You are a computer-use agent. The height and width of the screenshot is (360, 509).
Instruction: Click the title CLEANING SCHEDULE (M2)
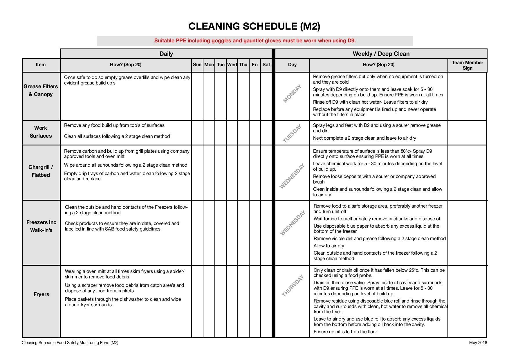(254, 26)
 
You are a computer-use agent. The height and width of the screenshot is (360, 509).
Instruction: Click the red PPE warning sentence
(255, 41)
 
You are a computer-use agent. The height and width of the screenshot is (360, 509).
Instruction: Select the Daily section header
(166, 54)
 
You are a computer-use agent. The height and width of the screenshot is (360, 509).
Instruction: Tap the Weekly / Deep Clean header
(381, 54)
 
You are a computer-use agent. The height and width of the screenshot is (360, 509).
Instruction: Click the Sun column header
(197, 65)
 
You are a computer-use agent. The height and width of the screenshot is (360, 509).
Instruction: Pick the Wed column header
(232, 65)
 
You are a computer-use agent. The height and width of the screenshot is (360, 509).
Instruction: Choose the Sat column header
(266, 65)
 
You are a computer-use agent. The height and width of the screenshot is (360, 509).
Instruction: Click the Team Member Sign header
(467, 65)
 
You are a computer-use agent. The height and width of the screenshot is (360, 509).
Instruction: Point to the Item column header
(41, 65)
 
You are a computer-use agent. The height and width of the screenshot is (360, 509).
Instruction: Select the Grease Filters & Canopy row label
(41, 90)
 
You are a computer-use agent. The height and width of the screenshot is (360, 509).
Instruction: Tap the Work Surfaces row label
(41, 132)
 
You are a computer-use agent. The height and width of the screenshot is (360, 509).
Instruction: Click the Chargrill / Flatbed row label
(41, 171)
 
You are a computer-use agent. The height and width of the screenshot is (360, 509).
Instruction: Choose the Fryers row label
(41, 294)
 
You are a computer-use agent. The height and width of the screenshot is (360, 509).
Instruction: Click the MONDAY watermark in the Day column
(292, 93)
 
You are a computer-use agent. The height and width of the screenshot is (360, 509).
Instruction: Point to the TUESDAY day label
(292, 134)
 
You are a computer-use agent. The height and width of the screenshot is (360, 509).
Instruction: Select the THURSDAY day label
(293, 286)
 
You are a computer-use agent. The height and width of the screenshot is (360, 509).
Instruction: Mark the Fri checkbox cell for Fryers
(255, 301)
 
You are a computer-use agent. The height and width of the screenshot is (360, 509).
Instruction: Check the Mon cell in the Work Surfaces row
(209, 133)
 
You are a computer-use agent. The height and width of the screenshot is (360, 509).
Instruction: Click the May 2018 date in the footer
(478, 343)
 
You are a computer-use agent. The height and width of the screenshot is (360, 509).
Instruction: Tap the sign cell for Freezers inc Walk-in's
(467, 233)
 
